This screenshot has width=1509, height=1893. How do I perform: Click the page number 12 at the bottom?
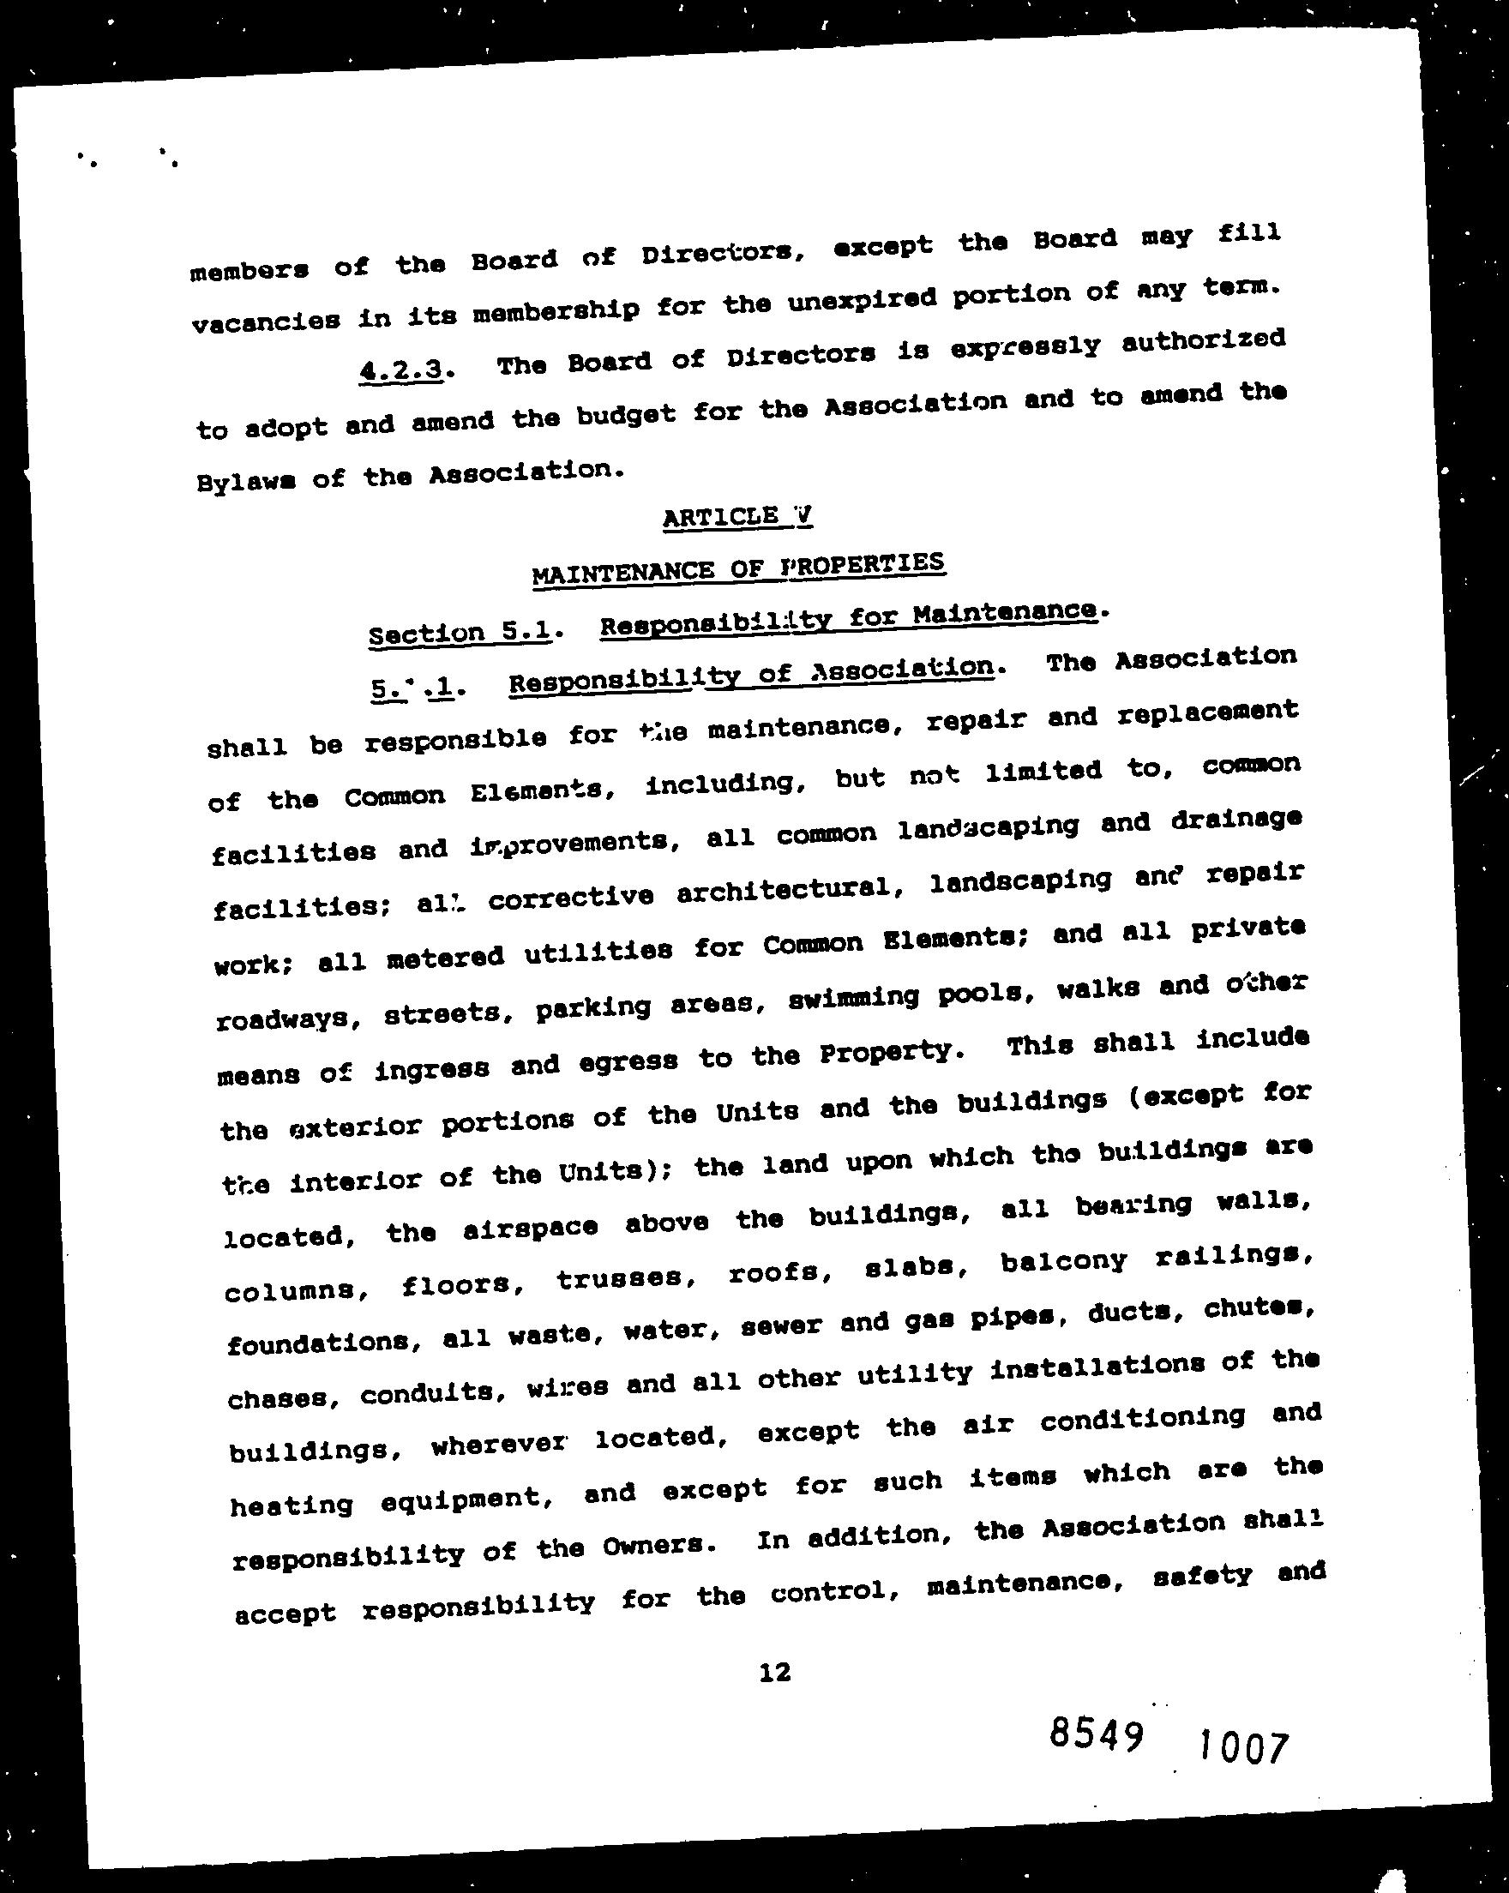click(775, 1673)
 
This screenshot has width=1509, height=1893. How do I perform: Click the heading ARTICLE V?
click(737, 517)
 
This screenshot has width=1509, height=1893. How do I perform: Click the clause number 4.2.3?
click(402, 370)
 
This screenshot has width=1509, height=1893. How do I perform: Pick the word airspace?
click(530, 1229)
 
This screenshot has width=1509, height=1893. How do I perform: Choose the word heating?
click(292, 1505)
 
